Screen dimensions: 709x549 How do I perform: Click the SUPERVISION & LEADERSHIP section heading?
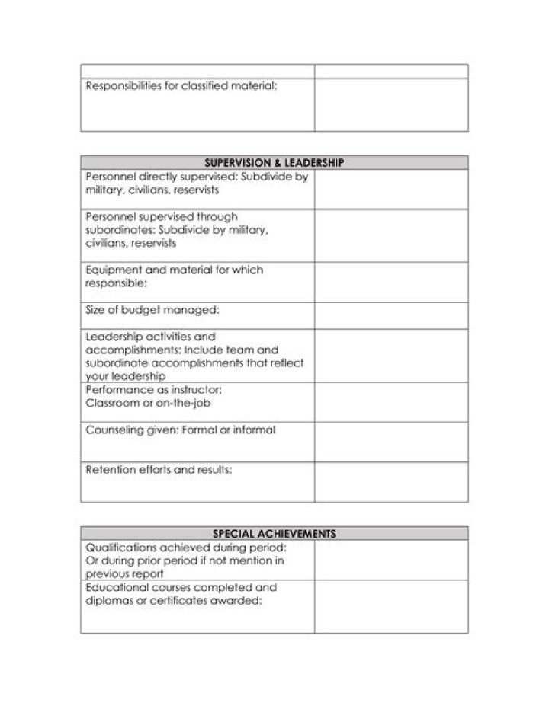[274, 162]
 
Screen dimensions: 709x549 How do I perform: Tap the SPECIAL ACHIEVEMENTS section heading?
[274, 533]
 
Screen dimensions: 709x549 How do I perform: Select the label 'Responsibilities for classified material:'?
[181, 86]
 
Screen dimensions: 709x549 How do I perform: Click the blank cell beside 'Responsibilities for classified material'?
[391, 104]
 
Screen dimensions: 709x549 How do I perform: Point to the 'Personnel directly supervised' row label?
[197, 183]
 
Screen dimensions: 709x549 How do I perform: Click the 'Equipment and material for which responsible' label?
[175, 276]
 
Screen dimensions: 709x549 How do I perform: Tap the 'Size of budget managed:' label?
[152, 309]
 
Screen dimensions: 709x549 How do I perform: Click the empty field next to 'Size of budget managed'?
[391, 315]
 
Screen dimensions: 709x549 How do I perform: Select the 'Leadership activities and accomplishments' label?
[194, 356]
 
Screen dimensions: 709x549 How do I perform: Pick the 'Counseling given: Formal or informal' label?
[181, 430]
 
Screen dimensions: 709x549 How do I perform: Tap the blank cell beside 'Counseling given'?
[391, 442]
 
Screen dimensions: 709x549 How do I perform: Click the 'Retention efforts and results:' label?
[159, 470]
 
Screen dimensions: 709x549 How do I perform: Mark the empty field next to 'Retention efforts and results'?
[391, 481]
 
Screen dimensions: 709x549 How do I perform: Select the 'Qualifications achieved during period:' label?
[186, 548]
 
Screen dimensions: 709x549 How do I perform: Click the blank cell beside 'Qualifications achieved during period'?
[391, 560]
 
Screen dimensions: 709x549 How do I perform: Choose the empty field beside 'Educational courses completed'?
[391, 606]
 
